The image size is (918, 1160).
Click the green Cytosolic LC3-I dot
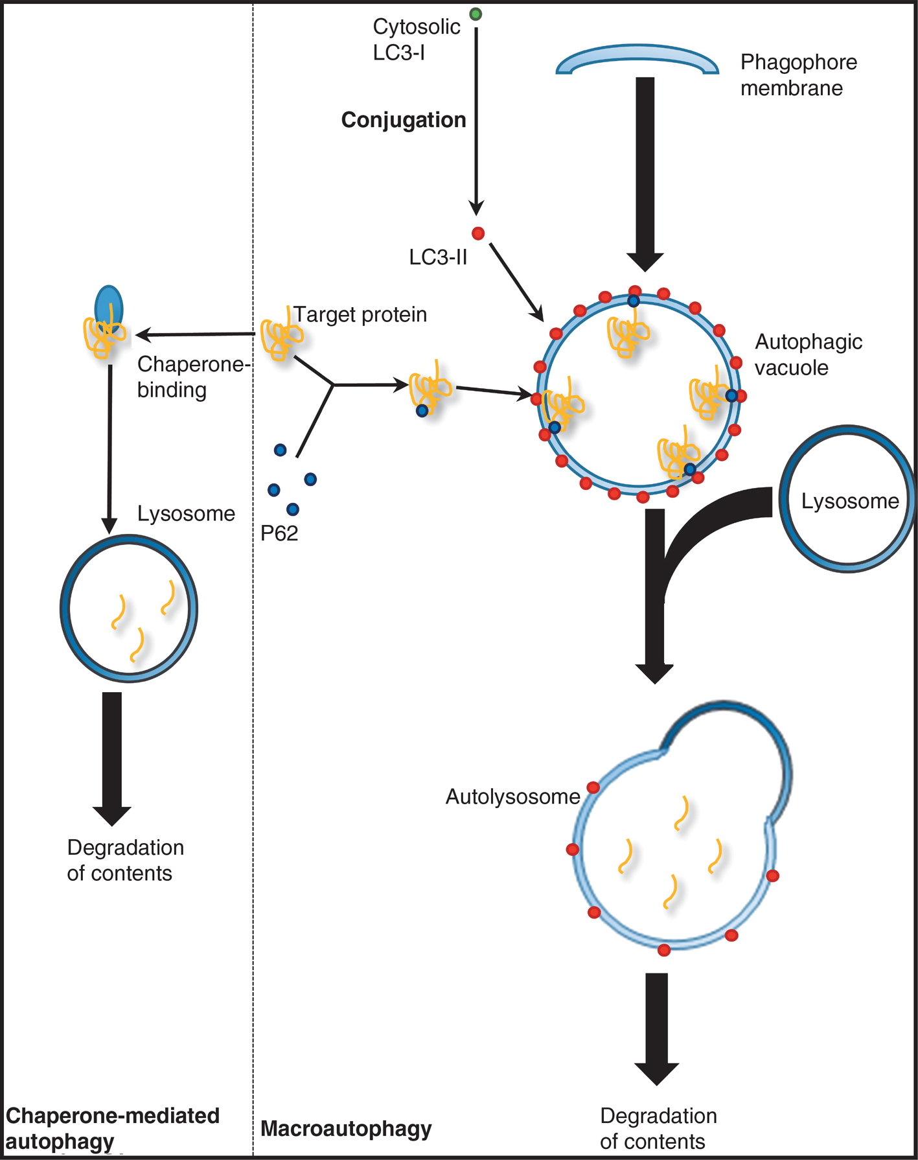coord(476,14)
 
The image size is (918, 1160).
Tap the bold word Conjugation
coord(404,120)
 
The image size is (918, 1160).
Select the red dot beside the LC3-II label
coord(478,233)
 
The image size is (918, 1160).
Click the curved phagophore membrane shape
coord(637,58)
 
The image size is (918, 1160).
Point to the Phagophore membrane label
coord(798,75)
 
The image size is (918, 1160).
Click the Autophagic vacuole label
coord(808,354)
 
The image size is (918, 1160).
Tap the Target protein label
coord(360,314)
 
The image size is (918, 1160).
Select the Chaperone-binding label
coord(193,377)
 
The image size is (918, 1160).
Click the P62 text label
coord(279,533)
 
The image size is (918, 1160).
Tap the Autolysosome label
coord(512,796)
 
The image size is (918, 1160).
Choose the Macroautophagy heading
coord(346,1128)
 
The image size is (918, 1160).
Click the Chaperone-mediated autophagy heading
coord(112,1128)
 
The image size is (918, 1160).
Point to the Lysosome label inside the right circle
coord(850,501)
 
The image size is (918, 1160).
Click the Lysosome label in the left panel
coord(186,513)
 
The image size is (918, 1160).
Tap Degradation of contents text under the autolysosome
coord(658,1128)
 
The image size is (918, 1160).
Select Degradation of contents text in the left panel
coord(125,860)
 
